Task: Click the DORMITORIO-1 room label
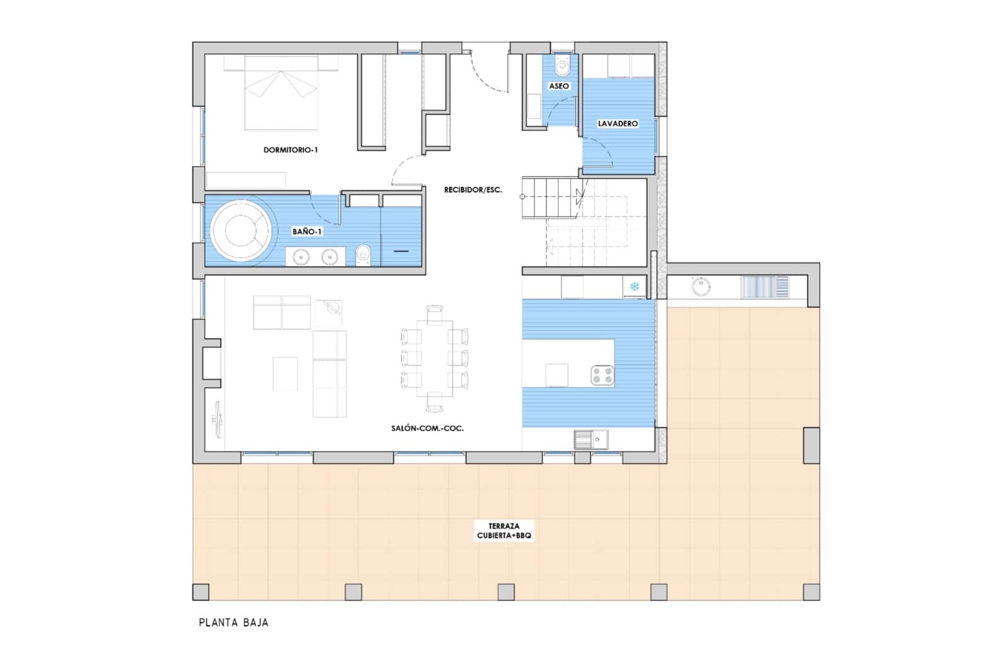pyautogui.click(x=290, y=150)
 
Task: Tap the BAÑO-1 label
pyautogui.click(x=307, y=232)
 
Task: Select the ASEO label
pyautogui.click(x=559, y=86)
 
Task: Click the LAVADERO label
pyautogui.click(x=617, y=123)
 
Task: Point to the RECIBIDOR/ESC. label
pyautogui.click(x=472, y=189)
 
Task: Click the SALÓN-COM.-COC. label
pyautogui.click(x=427, y=428)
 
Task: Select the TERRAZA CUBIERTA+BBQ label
pyautogui.click(x=504, y=531)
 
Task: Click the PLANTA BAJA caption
pyautogui.click(x=234, y=623)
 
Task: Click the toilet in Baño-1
pyautogui.click(x=364, y=256)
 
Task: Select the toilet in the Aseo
pyautogui.click(x=562, y=65)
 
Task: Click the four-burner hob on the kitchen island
pyautogui.click(x=602, y=376)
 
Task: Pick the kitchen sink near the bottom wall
pyautogui.click(x=590, y=439)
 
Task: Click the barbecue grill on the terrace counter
pyautogui.click(x=764, y=287)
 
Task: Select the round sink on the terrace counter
pyautogui.click(x=701, y=286)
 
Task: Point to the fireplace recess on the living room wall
pyautogui.click(x=210, y=363)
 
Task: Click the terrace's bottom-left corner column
pyautogui.click(x=200, y=592)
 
